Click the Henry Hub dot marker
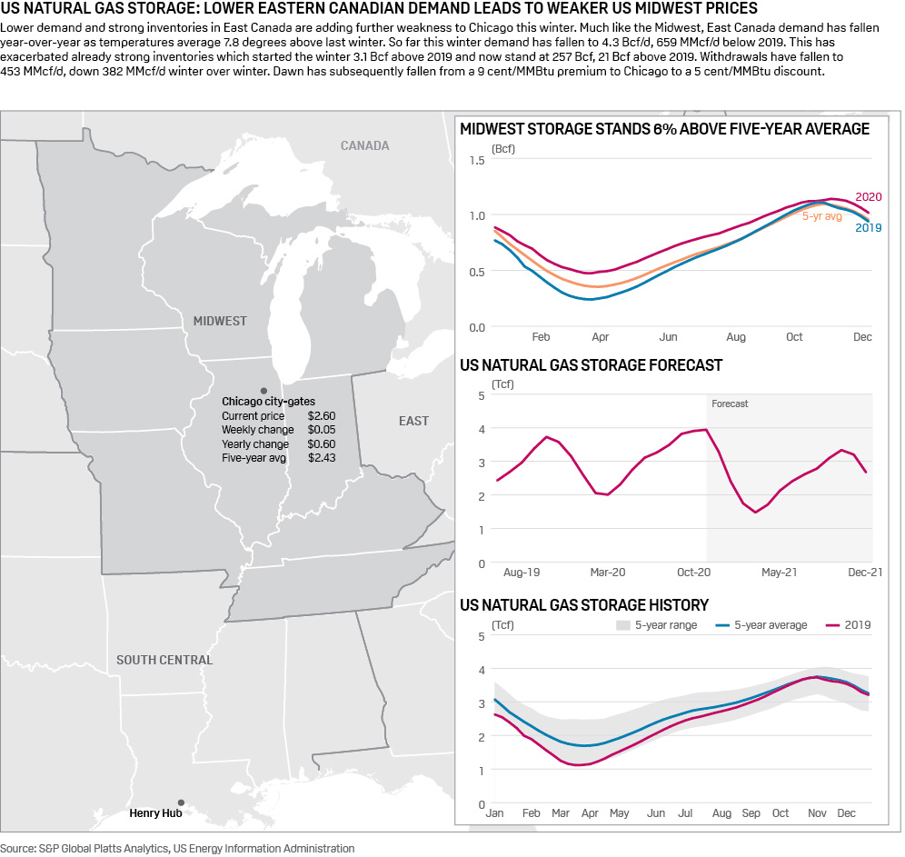point(181,802)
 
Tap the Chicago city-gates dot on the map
point(264,389)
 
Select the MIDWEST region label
point(220,321)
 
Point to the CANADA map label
point(365,145)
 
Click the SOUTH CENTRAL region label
point(164,660)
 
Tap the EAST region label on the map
point(413,421)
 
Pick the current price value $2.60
point(322,415)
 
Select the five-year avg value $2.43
point(322,458)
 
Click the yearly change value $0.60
point(322,444)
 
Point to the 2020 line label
point(869,197)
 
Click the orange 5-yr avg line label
point(821,216)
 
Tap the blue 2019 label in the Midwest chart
point(869,227)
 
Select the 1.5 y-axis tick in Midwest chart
point(477,160)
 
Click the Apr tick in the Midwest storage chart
point(600,337)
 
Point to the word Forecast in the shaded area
point(730,404)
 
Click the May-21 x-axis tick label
point(779,573)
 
